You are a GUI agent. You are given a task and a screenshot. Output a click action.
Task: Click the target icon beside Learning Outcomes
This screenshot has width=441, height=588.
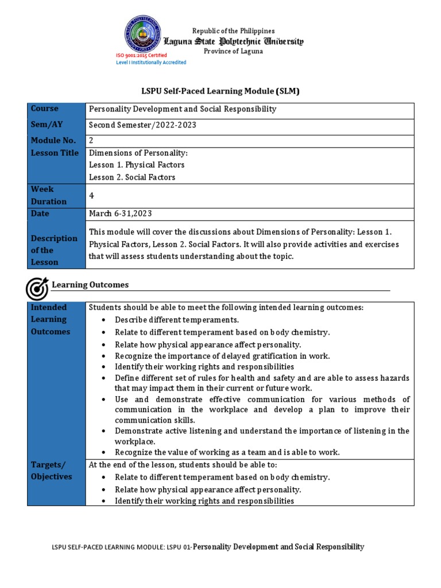tap(38, 288)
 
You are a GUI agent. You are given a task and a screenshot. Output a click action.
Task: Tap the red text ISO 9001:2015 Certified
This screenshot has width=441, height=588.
tap(141, 55)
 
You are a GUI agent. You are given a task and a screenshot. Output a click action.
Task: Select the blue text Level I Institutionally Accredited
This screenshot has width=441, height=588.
tap(151, 63)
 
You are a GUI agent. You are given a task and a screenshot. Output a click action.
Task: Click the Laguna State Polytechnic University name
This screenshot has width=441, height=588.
tap(233, 41)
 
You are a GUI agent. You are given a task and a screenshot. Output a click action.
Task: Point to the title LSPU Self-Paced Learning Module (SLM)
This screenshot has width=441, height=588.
tap(220, 91)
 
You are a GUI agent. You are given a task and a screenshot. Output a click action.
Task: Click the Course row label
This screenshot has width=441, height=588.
tap(45, 109)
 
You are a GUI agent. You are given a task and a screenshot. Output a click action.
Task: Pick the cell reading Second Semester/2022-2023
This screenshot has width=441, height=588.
tap(138, 125)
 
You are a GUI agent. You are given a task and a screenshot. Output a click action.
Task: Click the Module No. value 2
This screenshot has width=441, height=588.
tap(91, 140)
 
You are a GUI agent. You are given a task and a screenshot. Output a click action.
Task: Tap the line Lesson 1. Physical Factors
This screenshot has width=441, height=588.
tap(137, 165)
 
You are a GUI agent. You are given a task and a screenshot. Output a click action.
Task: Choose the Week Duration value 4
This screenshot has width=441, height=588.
tap(91, 196)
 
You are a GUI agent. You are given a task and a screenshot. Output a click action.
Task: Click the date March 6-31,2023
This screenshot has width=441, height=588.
tap(121, 214)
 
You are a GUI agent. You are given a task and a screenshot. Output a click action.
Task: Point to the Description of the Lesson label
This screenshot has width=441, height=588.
tap(54, 250)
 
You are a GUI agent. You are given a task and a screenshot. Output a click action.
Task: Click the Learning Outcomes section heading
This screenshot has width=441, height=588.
tap(90, 285)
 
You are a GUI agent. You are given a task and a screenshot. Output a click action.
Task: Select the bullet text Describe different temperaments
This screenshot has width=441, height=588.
tap(176, 320)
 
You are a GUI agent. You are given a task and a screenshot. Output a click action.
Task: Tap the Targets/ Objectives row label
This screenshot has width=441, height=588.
tap(52, 471)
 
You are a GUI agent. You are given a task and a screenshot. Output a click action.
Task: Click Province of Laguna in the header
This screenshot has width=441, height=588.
tap(233, 51)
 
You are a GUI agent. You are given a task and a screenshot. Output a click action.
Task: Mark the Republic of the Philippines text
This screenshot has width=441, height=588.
tap(233, 31)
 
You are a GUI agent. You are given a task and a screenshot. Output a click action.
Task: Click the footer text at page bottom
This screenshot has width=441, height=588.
tap(208, 547)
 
